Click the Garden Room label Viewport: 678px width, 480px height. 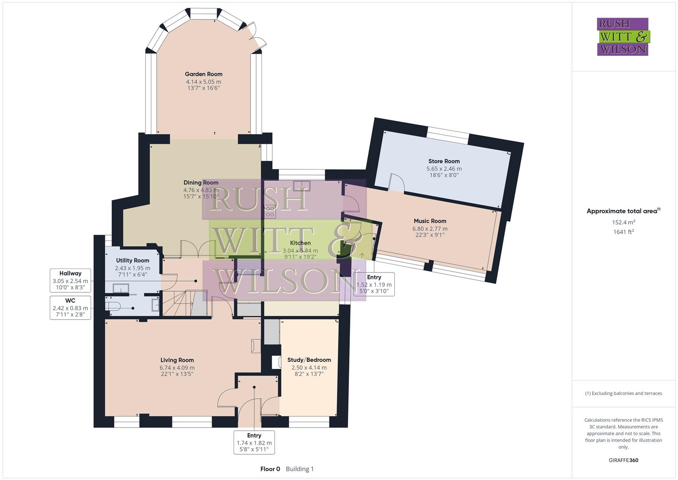click(203, 74)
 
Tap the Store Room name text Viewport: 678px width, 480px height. click(444, 161)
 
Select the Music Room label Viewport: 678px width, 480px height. click(430, 221)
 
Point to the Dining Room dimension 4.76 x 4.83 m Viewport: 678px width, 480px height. click(201, 190)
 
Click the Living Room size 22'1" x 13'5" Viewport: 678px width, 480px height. click(177, 374)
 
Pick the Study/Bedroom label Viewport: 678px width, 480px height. click(309, 360)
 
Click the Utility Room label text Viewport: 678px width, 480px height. click(132, 260)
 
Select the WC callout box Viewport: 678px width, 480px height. click(70, 308)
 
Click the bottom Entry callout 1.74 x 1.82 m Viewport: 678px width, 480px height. click(254, 443)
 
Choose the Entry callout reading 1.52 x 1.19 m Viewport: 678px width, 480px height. click(374, 284)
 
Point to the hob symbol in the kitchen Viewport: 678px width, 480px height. click(270, 211)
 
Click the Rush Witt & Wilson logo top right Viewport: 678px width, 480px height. click(622, 37)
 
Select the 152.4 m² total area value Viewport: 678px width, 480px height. click(623, 222)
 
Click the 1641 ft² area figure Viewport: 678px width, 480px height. click(623, 232)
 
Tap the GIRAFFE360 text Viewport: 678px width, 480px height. click(623, 460)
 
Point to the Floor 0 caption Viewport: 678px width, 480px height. click(270, 469)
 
